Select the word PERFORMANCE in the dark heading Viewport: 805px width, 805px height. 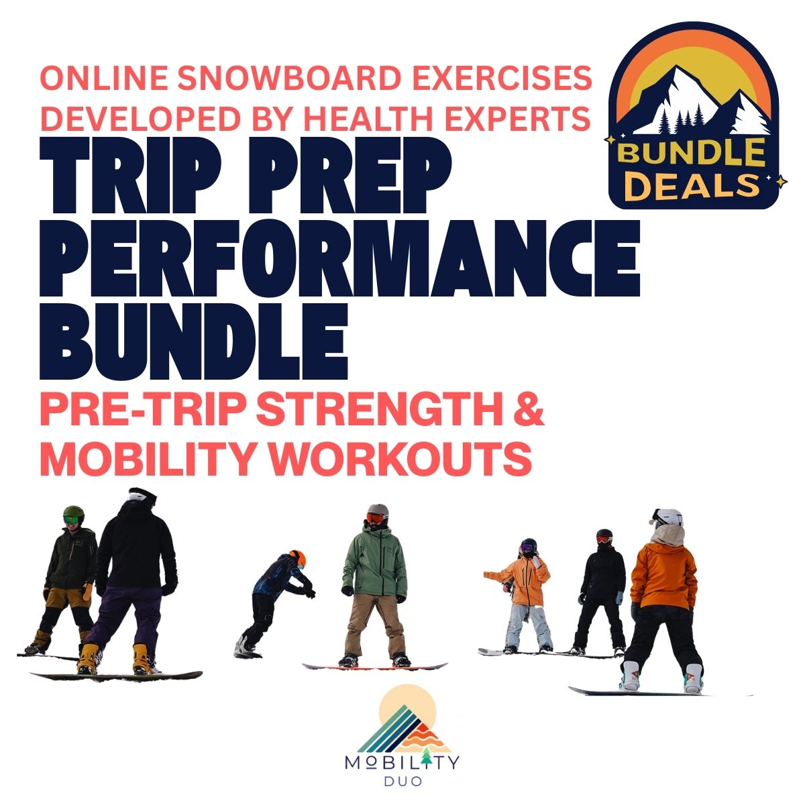[x=339, y=258]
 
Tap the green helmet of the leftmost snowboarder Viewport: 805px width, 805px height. [x=74, y=513]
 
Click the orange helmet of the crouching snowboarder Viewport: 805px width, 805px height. [x=299, y=559]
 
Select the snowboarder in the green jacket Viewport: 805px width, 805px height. [x=374, y=586]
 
